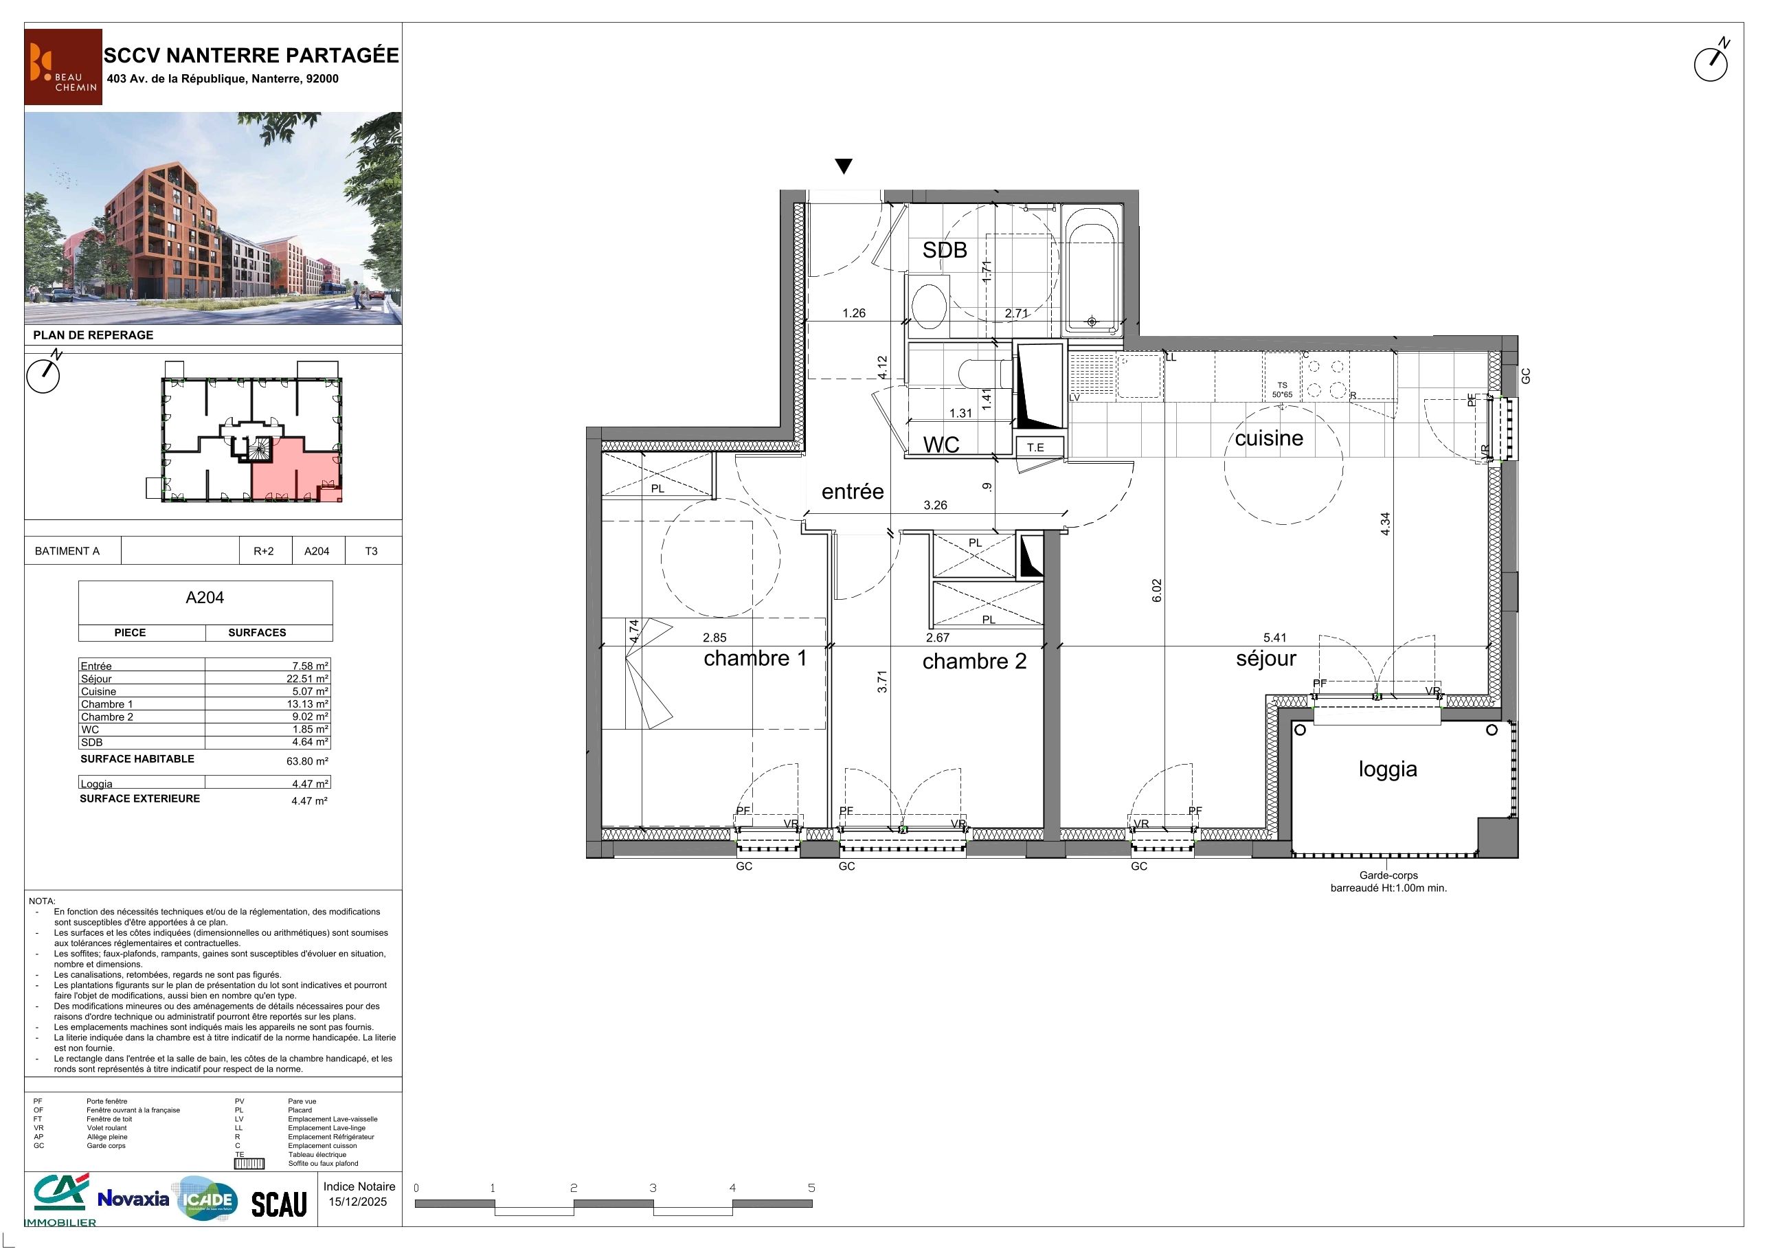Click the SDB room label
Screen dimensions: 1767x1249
[944, 250]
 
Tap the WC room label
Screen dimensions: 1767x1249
[941, 445]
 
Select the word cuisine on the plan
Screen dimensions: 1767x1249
[1269, 438]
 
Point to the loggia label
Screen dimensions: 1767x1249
[1388, 769]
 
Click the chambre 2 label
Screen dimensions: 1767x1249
[974, 661]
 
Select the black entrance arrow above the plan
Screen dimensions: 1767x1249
[844, 166]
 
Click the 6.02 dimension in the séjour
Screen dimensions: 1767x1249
[1157, 590]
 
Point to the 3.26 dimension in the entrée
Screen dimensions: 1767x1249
[935, 506]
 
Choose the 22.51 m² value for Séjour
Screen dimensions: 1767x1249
[307, 679]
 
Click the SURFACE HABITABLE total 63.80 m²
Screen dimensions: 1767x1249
[307, 761]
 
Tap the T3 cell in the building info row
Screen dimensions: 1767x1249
[371, 551]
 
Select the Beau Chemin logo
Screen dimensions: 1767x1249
[63, 66]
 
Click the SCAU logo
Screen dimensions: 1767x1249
[280, 1204]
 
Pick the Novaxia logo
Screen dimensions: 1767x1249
[133, 1198]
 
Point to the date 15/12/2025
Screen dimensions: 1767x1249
[358, 1202]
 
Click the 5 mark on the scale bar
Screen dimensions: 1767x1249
[811, 1187]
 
